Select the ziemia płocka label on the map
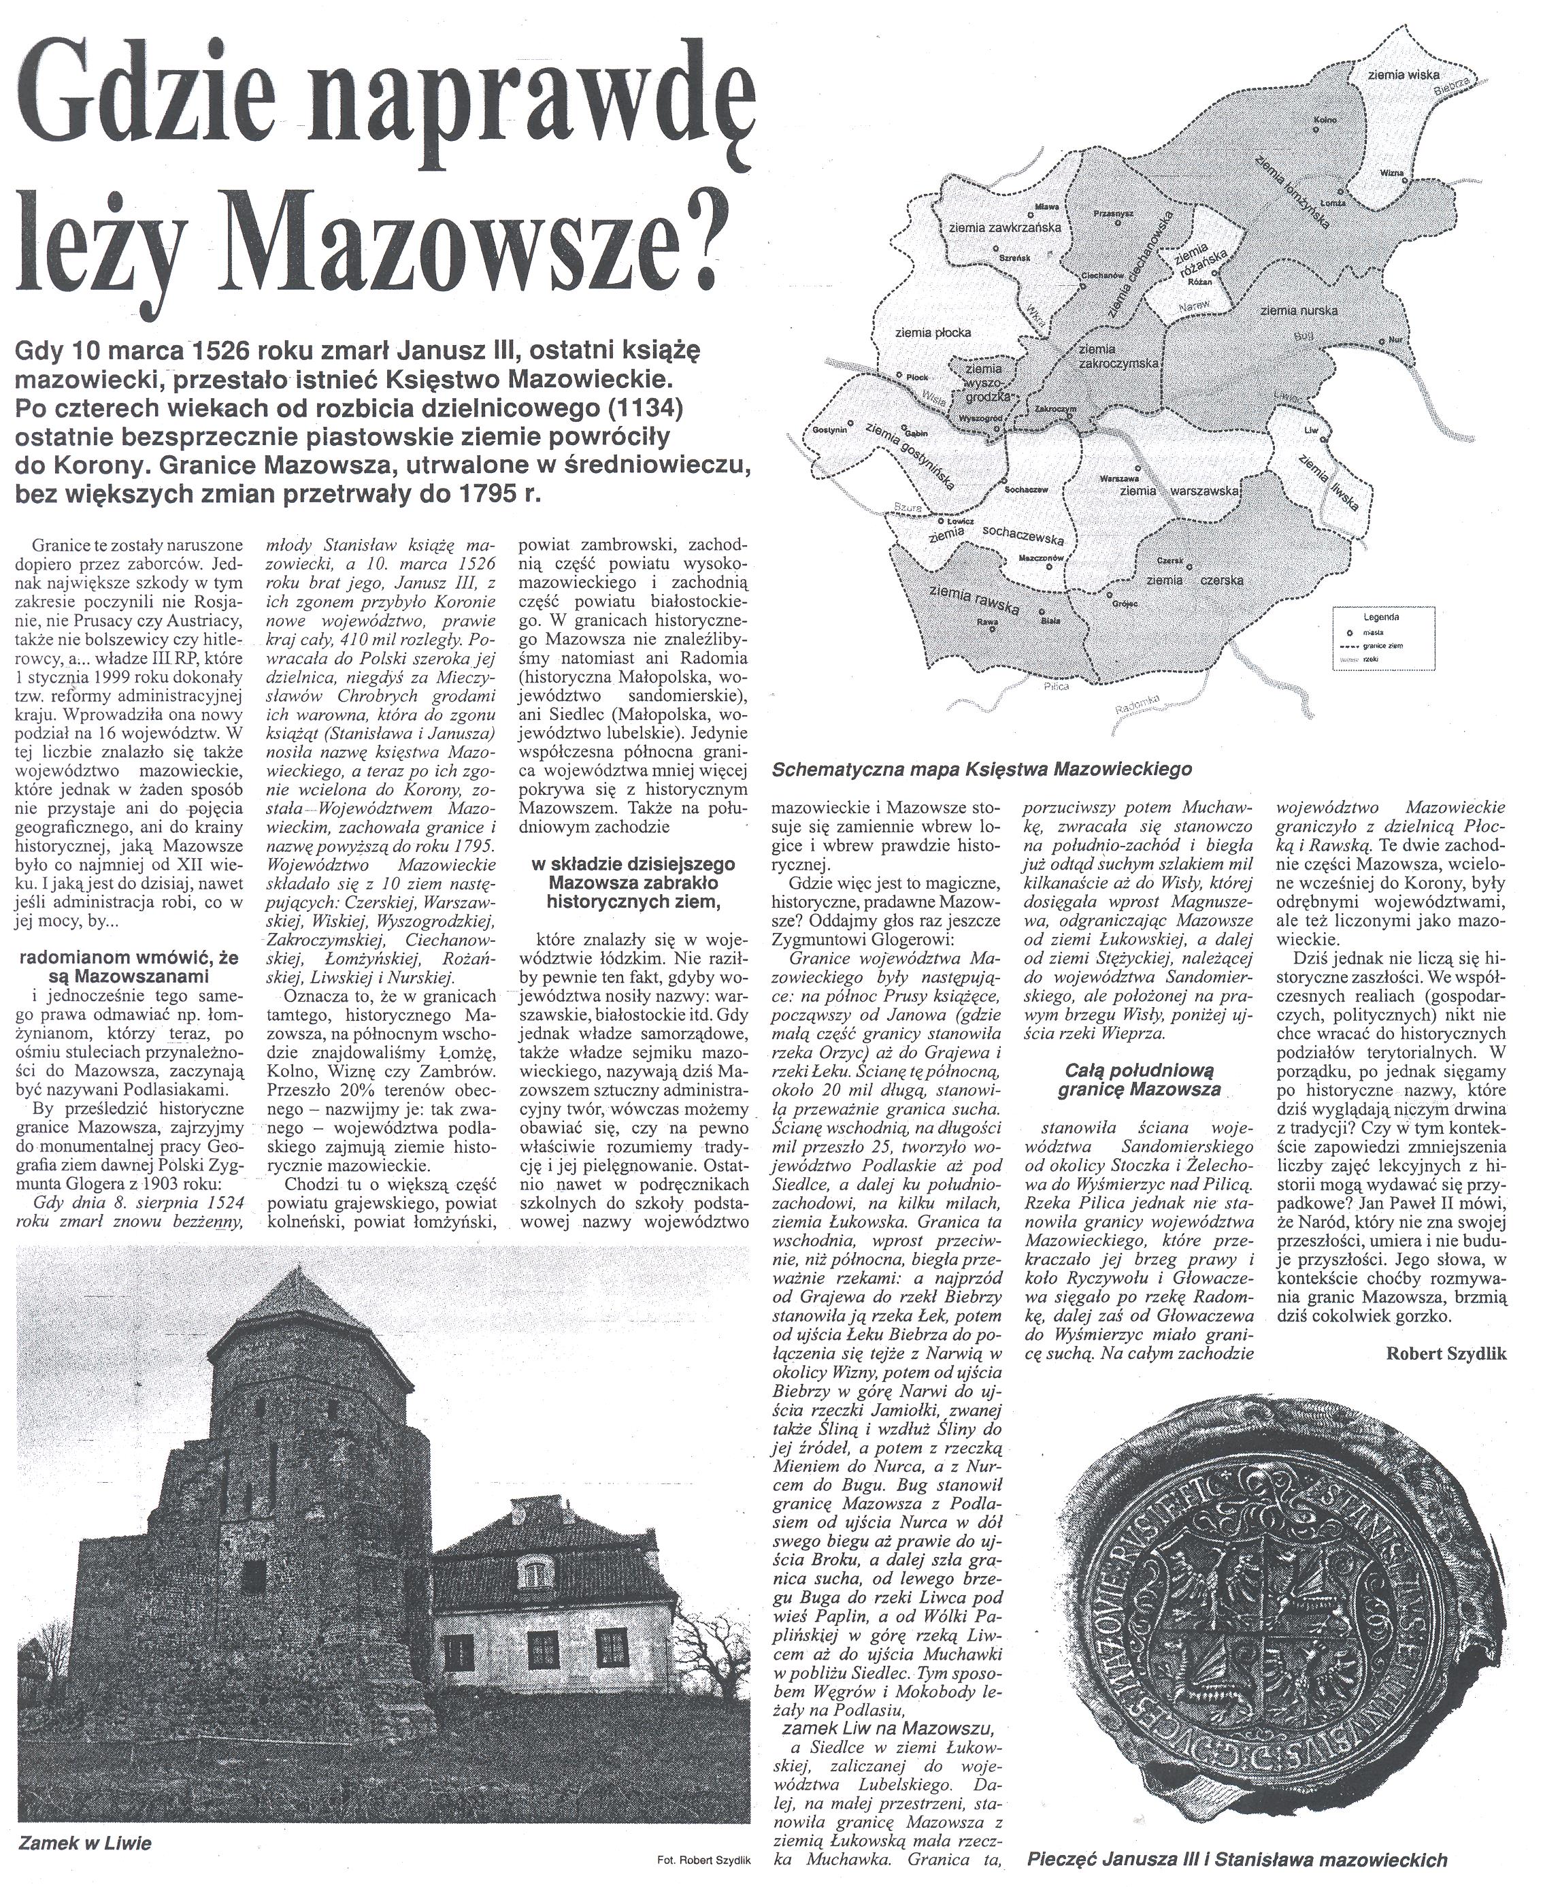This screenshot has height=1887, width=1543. pyautogui.click(x=932, y=333)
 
